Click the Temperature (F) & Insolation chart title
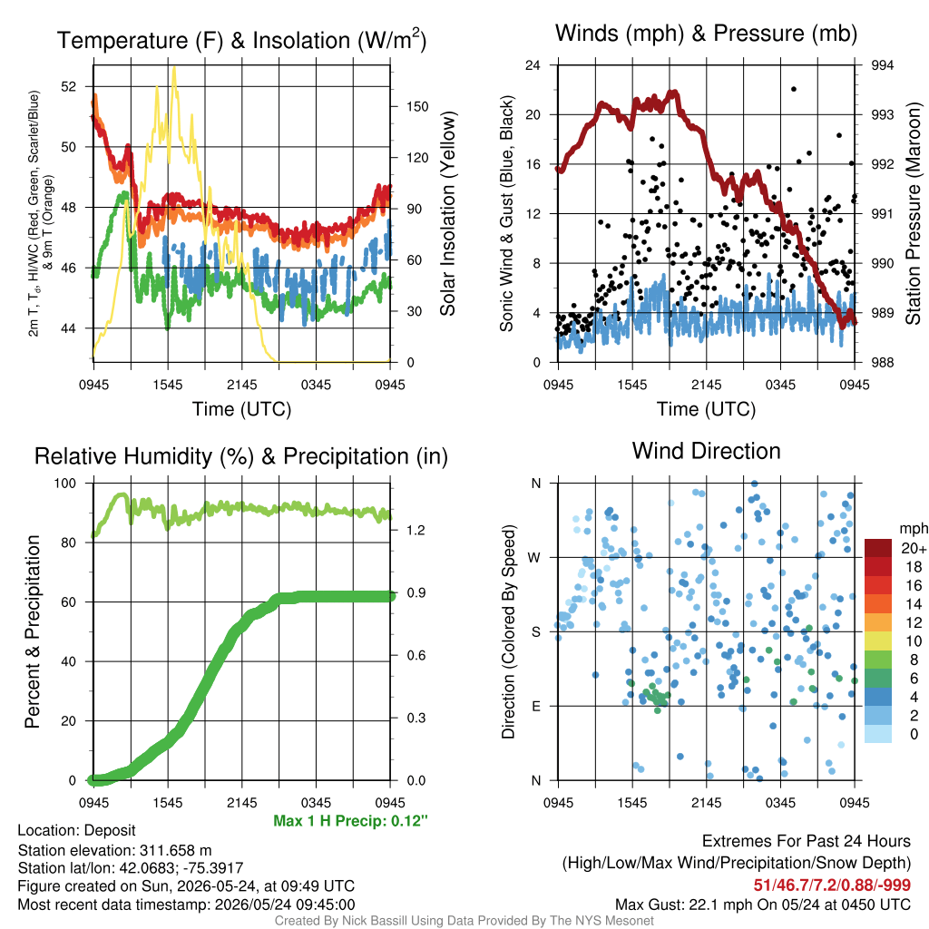[241, 40]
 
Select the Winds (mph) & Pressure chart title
[706, 34]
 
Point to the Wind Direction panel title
[706, 451]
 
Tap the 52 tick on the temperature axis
[69, 86]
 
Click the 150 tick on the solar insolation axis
[417, 107]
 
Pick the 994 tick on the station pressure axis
[882, 65]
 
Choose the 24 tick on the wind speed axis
[533, 65]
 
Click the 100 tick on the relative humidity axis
[65, 483]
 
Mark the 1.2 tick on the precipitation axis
[416, 530]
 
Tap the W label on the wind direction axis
[534, 558]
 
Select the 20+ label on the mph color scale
[914, 548]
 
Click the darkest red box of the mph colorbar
[878, 548]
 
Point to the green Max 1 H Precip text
[350, 820]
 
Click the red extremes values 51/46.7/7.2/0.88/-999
[832, 885]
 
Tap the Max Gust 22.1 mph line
[762, 905]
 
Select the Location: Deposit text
[76, 831]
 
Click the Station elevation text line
[114, 850]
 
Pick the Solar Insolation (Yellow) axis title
[448, 213]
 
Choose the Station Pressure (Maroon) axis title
[913, 213]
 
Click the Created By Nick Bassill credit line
[464, 921]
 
